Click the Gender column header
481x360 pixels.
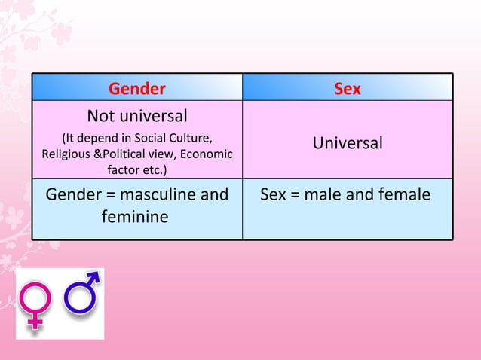click(x=136, y=89)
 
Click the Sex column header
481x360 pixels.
click(x=348, y=89)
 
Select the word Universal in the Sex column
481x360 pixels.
click(x=348, y=143)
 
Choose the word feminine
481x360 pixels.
click(x=134, y=217)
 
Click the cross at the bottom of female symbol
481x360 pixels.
click(x=35, y=322)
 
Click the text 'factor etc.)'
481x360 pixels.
click(x=136, y=169)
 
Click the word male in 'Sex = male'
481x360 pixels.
click(x=326, y=195)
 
